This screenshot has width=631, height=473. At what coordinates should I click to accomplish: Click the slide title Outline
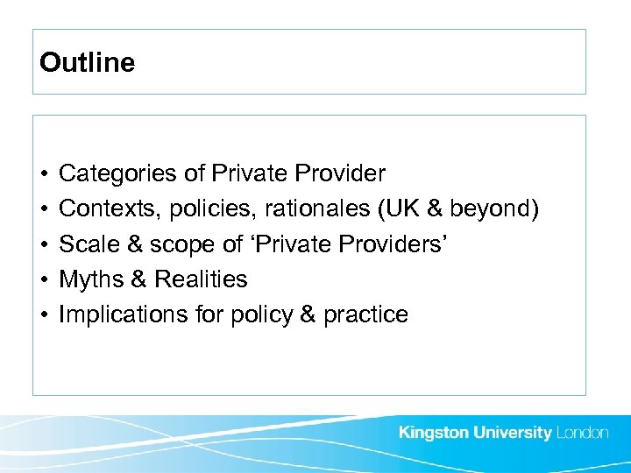(x=88, y=63)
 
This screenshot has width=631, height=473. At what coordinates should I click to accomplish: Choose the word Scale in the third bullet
(x=85, y=244)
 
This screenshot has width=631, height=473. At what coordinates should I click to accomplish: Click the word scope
(x=164, y=244)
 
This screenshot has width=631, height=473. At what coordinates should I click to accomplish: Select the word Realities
(x=201, y=279)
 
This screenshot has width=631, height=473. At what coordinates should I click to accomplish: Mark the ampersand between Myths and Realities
(x=138, y=279)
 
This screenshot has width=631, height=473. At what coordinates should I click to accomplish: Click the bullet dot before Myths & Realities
(x=43, y=280)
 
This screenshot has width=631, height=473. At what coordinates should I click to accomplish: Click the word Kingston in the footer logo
(x=435, y=434)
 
